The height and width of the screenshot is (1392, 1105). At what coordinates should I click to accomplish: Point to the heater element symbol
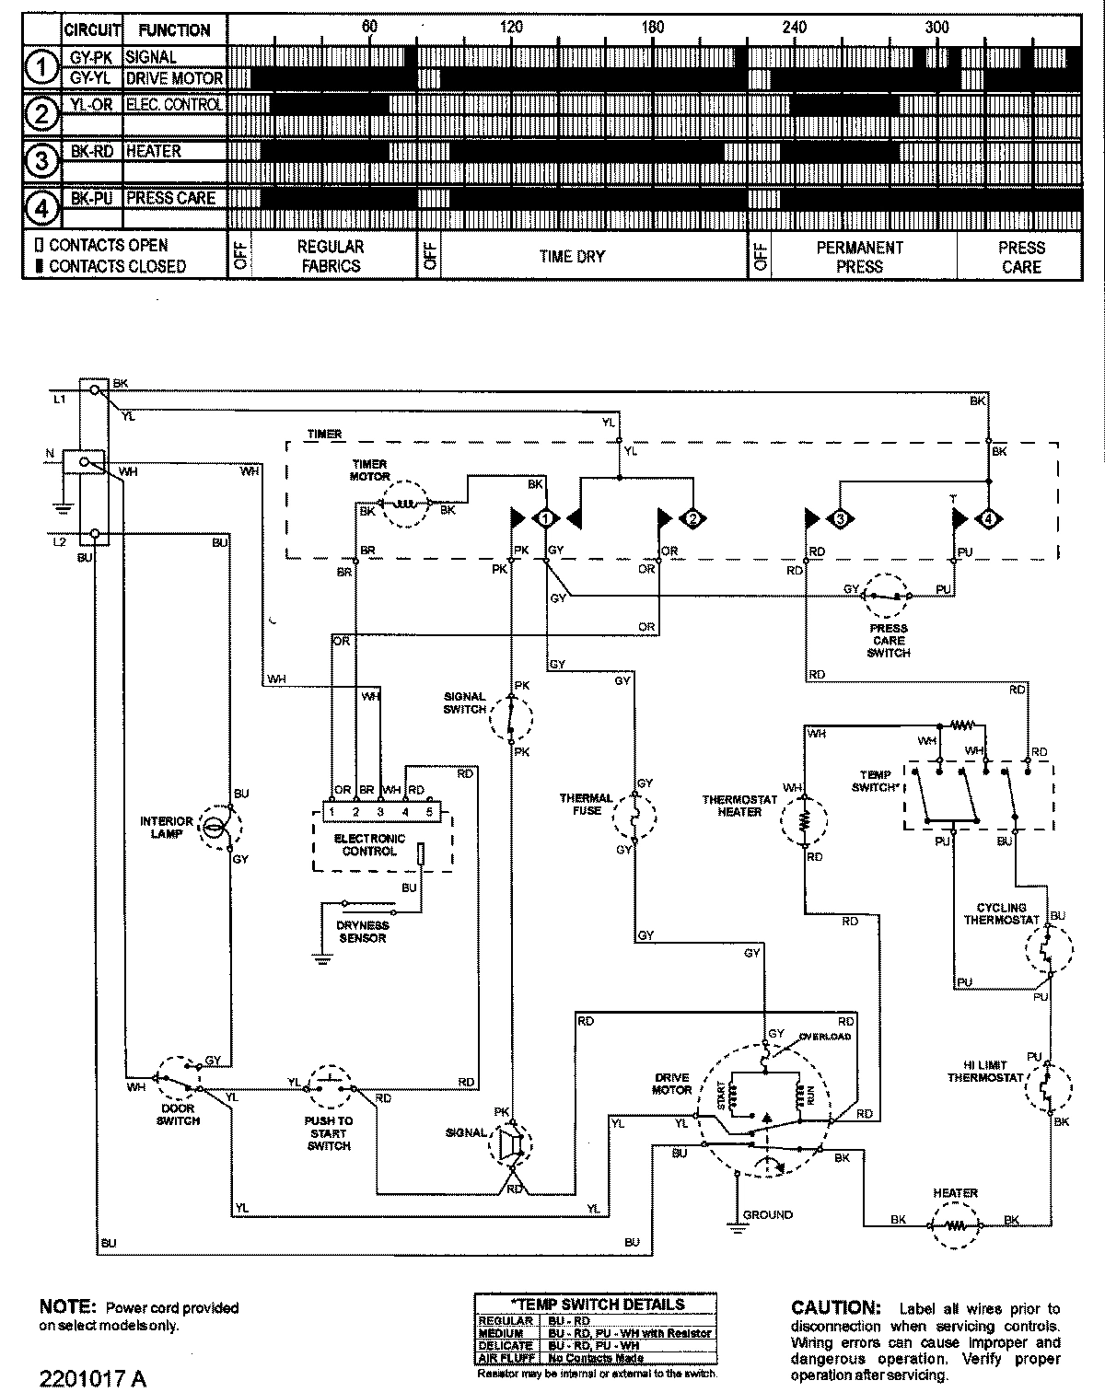point(954,1225)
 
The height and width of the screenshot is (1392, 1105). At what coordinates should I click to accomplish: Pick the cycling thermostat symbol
point(1046,952)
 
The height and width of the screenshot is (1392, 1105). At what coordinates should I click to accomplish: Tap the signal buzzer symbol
point(511,1143)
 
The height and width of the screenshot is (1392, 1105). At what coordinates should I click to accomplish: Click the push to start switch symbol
point(329,1086)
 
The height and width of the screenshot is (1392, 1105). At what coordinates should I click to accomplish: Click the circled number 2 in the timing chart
point(41,114)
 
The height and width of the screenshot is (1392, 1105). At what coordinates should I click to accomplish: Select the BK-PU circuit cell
point(92,198)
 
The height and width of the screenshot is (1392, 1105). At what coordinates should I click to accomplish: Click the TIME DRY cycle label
point(572,257)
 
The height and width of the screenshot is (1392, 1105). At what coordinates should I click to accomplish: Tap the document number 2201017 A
point(93,1377)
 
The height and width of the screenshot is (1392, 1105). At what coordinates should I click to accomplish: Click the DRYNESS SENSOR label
point(363,932)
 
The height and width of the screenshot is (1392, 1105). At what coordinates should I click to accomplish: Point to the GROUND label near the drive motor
point(767,1214)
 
